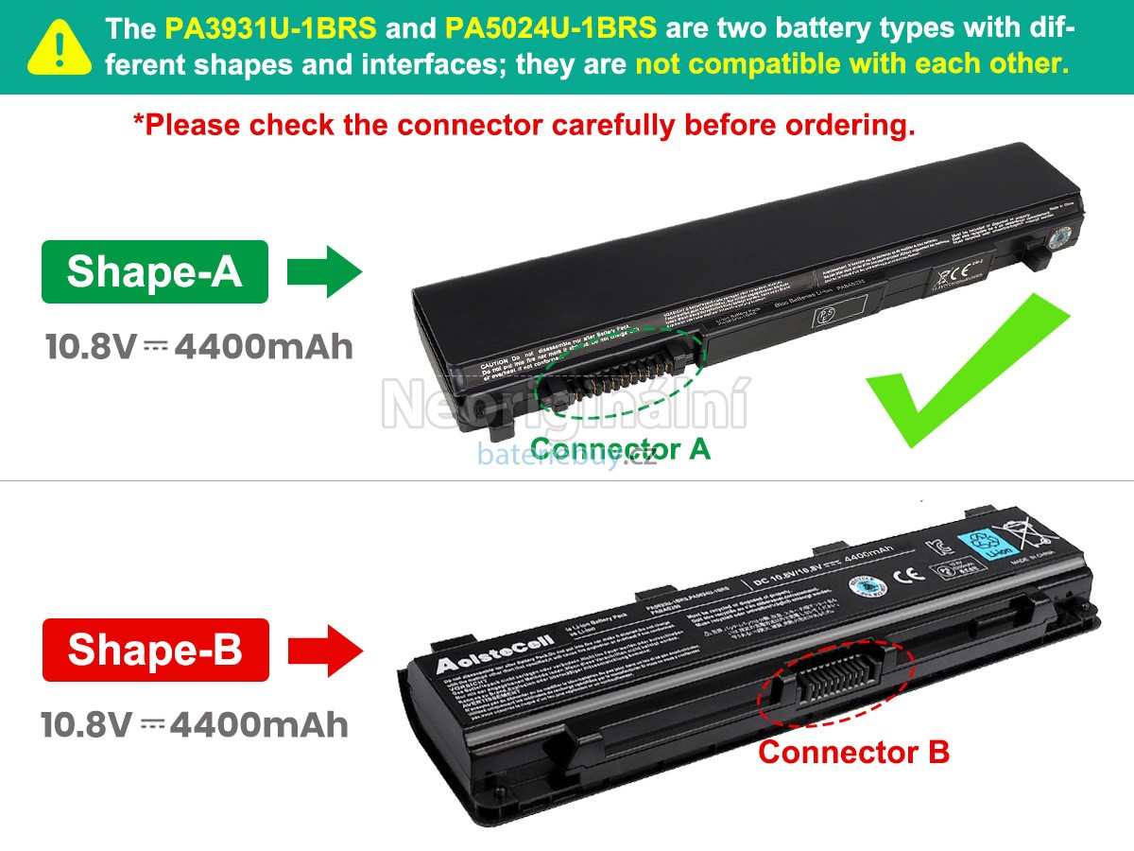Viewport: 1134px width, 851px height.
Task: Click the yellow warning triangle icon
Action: point(60,47)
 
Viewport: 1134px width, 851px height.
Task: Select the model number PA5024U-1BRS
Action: point(550,28)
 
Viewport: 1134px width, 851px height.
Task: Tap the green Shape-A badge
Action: point(155,272)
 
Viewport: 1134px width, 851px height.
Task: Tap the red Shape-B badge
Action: point(155,650)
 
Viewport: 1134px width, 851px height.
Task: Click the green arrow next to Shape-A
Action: point(324,272)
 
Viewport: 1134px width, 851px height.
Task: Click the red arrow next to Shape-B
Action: point(325,650)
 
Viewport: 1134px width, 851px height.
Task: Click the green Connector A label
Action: point(620,448)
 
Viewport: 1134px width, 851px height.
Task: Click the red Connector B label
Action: point(853,753)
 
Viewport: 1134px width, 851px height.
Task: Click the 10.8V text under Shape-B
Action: point(86,725)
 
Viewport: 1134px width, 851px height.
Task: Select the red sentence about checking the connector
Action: point(524,125)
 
